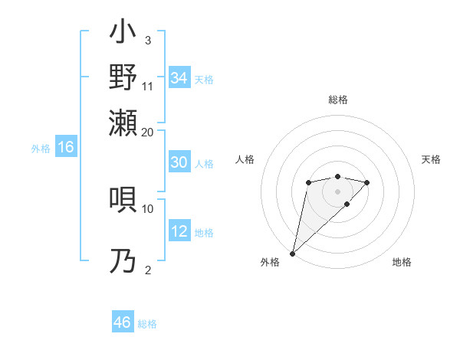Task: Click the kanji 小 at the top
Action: tap(123, 34)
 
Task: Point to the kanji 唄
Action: tap(123, 198)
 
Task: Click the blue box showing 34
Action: tap(179, 78)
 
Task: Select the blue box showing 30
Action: tap(179, 163)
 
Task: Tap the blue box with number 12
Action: tap(179, 232)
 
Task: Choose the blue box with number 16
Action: tap(66, 148)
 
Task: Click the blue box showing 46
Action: tap(123, 322)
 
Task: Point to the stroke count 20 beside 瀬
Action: tap(148, 132)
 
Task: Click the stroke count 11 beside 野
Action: tap(148, 86)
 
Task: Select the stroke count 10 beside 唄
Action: tap(148, 208)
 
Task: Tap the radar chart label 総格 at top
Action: tap(337, 100)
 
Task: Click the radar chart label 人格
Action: tap(245, 159)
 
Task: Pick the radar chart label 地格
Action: tap(402, 262)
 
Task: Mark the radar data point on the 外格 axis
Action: tap(292, 253)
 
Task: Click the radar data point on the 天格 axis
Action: tap(367, 182)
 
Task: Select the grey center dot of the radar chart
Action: tap(337, 191)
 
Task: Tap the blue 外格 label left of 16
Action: tap(41, 149)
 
